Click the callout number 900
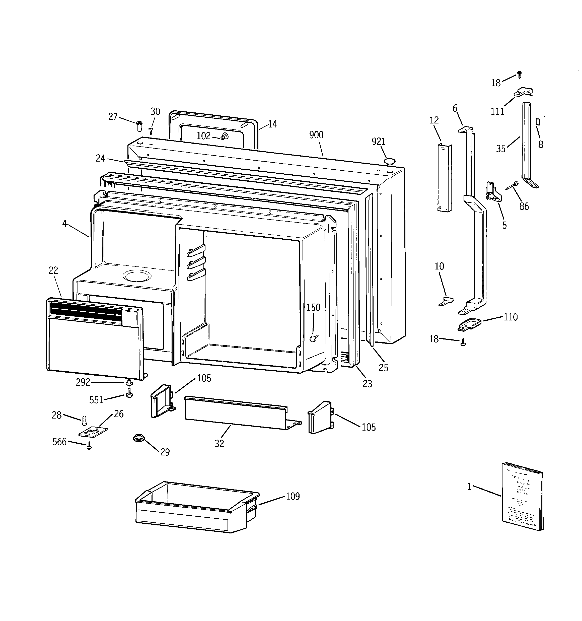click(x=316, y=135)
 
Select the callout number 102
click(x=203, y=136)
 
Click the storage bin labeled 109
click(x=197, y=507)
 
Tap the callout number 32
click(x=219, y=443)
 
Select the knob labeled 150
click(x=313, y=338)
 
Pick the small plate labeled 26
click(x=93, y=432)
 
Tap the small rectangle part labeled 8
click(x=538, y=121)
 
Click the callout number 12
click(x=434, y=120)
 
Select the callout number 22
click(x=53, y=270)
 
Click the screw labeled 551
click(x=129, y=393)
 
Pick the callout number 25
click(x=383, y=368)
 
